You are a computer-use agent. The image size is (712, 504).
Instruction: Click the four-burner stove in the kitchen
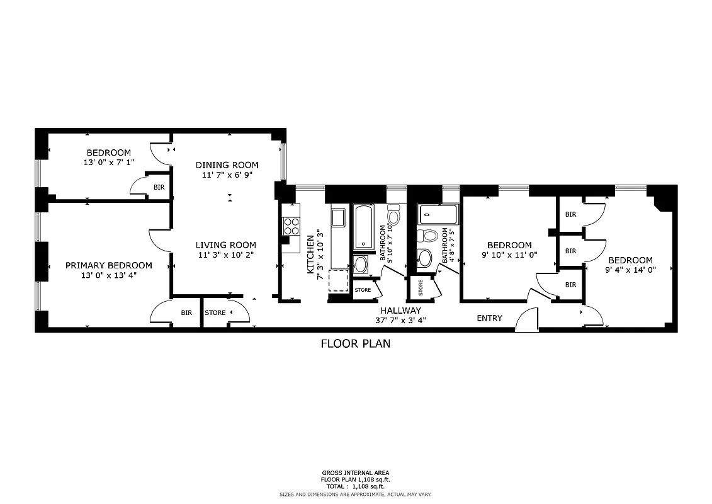click(291, 226)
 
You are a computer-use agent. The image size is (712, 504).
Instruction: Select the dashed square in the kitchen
click(339, 279)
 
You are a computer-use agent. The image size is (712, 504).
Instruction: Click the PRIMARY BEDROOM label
click(109, 265)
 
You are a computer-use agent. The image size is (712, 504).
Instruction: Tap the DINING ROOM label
click(227, 165)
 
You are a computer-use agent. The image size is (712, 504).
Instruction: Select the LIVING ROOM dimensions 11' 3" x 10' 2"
click(225, 255)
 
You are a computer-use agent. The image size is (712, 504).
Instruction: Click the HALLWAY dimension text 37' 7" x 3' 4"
click(400, 320)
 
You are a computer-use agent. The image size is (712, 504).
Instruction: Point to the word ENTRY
click(489, 318)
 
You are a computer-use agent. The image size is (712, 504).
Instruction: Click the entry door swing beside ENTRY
click(526, 320)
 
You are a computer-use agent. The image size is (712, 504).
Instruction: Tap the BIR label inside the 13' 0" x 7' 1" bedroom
click(159, 187)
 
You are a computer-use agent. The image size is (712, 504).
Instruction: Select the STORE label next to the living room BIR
click(215, 312)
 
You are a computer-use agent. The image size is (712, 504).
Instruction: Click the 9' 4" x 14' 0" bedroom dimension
click(630, 270)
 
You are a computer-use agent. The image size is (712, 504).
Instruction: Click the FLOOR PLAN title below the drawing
click(356, 343)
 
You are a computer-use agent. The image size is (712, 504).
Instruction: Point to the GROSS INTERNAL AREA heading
click(356, 472)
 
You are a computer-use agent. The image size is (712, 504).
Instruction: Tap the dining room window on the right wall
click(283, 161)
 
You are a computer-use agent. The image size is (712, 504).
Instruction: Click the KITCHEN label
click(310, 254)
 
